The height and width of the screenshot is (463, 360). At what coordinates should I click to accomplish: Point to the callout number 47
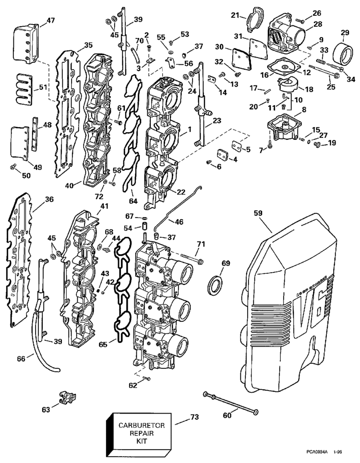(51, 21)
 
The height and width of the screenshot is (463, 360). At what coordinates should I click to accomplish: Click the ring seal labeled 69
(215, 286)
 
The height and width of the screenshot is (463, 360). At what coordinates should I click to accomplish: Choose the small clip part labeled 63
(66, 397)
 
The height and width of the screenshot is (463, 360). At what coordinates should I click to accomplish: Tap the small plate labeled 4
(222, 156)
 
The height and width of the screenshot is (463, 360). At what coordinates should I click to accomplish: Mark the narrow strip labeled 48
(35, 133)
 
